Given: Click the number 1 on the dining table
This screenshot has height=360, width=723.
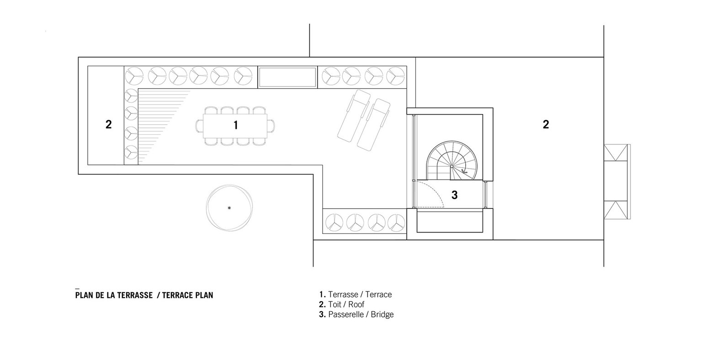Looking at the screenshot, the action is pos(236,125).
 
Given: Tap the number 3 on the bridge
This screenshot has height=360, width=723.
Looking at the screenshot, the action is pos(454,195).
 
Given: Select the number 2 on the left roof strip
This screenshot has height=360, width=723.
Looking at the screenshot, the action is pos(108,124).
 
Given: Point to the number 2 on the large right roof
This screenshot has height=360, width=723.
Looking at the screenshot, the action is pos(546,124).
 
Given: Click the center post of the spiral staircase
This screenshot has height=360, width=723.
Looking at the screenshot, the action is pos(452,166).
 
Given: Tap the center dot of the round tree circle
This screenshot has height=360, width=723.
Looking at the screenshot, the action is pos(229,208).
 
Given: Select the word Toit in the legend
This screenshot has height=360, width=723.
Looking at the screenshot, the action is pos(335,305).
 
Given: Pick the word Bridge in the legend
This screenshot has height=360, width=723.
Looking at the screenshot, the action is pos(382,314).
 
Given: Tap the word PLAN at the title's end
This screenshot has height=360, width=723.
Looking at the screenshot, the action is pos(203,295).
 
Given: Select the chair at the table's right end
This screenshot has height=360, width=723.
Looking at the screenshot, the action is pos(271,126).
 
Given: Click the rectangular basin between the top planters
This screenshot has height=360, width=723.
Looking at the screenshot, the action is pos(287,77).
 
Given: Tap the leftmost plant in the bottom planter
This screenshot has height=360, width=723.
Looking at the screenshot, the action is pos(334,222).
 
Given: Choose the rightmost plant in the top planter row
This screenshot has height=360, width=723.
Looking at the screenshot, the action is pos(395,76).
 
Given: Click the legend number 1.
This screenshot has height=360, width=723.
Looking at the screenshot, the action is pos(322,295).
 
